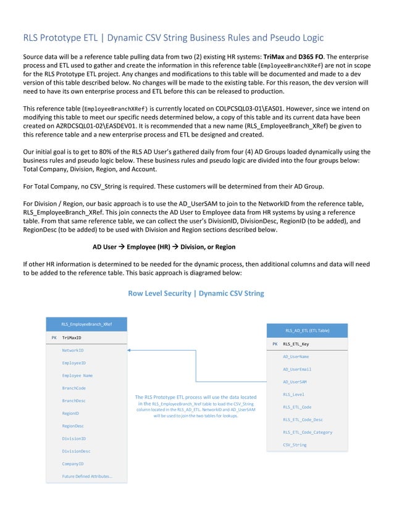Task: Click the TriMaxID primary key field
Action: [x=72, y=338]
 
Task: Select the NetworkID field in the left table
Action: [x=73, y=350]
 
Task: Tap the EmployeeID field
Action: [x=74, y=363]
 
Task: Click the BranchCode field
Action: [x=74, y=388]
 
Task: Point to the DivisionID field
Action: [x=74, y=438]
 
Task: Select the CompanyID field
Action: [x=73, y=463]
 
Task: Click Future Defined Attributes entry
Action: [x=87, y=476]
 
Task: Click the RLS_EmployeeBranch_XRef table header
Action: [x=86, y=324]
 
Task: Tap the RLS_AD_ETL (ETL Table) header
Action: [x=307, y=330]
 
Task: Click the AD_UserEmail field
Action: [x=297, y=369]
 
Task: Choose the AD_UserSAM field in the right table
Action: [x=295, y=382]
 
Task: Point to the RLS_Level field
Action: [x=293, y=394]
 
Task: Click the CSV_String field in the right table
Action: [x=295, y=445]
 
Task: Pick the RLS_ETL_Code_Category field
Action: [x=308, y=432]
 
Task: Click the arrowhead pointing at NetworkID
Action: [x=130, y=350]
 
